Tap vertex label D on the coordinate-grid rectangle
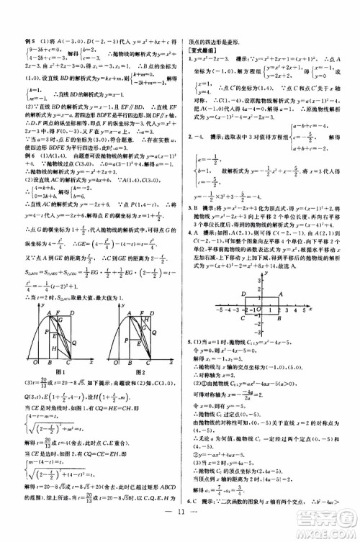243,293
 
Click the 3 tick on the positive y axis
265,282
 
